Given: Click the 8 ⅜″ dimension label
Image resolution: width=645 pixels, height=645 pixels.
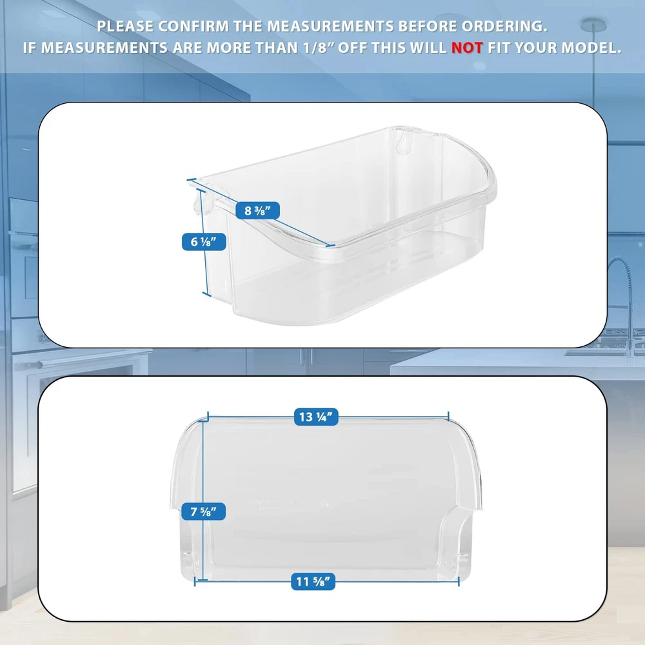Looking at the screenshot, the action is click(x=257, y=211).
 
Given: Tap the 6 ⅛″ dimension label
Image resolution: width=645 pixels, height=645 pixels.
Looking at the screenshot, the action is click(x=204, y=242).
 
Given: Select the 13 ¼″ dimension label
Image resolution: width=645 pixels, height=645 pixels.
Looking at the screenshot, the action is click(x=316, y=417).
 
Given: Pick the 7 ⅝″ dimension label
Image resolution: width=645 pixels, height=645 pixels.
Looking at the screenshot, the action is click(x=204, y=511).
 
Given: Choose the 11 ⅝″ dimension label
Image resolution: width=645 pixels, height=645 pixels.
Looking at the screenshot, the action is click(x=313, y=582).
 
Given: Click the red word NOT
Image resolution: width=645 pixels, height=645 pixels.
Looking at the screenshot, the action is click(x=466, y=48).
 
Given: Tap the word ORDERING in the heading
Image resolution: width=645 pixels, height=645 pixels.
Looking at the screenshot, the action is click(x=504, y=26).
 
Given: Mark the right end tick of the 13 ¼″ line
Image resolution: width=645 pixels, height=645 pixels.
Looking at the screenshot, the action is click(x=448, y=416).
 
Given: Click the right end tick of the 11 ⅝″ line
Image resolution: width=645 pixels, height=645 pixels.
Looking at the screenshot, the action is click(x=458, y=581).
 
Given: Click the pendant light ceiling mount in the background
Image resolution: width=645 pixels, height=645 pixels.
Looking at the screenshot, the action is click(x=593, y=25).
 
